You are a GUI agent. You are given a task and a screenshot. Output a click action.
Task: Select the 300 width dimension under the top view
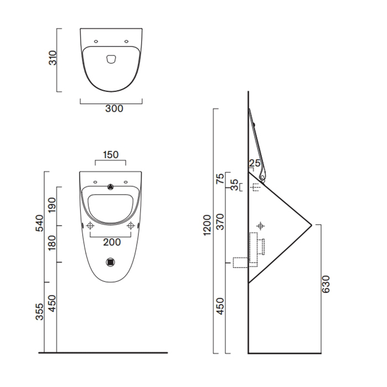pyautogui.click(x=114, y=109)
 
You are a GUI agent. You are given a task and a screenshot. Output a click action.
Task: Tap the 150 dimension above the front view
pyautogui.click(x=111, y=155)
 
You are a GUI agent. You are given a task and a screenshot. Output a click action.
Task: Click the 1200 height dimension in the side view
pyautogui.click(x=207, y=226)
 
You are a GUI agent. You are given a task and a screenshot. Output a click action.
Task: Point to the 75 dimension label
pyautogui.click(x=220, y=179)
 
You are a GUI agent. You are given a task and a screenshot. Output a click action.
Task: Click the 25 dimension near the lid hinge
pyautogui.click(x=254, y=163)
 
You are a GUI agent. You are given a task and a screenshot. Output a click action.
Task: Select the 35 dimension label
pyautogui.click(x=234, y=185)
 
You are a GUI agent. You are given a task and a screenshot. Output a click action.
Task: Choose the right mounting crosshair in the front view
pyautogui.click(x=131, y=226)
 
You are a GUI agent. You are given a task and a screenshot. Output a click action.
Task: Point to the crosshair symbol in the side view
pyautogui.click(x=261, y=226)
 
